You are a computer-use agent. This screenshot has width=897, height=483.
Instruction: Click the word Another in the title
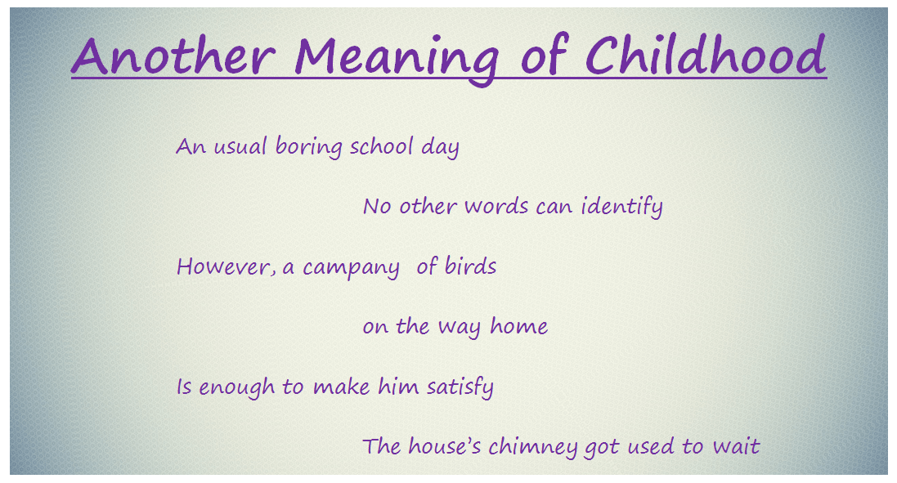pos(173,56)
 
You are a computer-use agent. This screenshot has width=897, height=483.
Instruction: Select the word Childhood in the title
pos(706,54)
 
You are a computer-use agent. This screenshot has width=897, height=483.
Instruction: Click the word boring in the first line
pos(309,147)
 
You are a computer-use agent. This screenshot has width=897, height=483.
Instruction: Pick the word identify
pos(621,206)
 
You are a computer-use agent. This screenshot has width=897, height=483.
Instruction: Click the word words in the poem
pos(496,206)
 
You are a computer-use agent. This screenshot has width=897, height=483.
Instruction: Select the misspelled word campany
pos(351,268)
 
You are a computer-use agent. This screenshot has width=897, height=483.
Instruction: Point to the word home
pos(519,326)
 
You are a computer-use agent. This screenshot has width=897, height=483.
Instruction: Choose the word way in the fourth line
pos(460,328)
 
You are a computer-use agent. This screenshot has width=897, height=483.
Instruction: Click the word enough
pos(236,387)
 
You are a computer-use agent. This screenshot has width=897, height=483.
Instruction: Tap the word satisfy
pos(460,387)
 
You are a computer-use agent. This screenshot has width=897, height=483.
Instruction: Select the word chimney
pos(532,447)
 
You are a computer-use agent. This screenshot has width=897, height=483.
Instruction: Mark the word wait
pos(736,446)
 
